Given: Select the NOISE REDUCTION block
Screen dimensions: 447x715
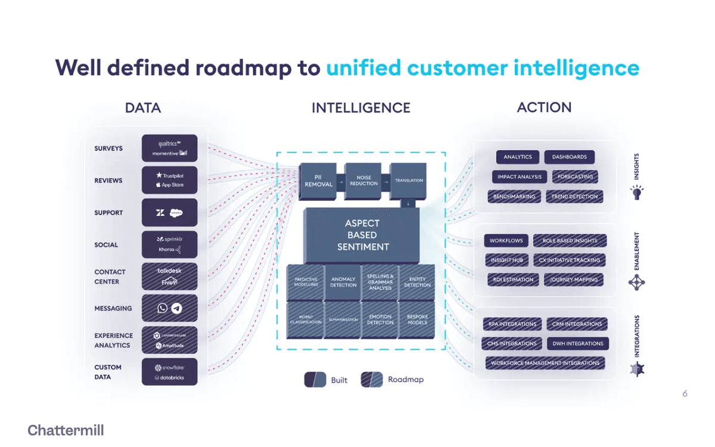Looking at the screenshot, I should pyautogui.click(x=363, y=180).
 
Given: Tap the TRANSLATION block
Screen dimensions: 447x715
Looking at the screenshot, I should pyautogui.click(x=409, y=180).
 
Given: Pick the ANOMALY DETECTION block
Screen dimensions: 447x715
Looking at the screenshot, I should pyautogui.click(x=343, y=282).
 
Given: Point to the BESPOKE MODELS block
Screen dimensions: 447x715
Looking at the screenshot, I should pyautogui.click(x=417, y=319).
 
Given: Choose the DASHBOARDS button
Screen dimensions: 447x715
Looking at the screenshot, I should pyautogui.click(x=569, y=157).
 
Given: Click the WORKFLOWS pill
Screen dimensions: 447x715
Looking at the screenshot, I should pyautogui.click(x=506, y=241).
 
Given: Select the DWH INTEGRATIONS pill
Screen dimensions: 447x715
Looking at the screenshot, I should pyautogui.click(x=577, y=343).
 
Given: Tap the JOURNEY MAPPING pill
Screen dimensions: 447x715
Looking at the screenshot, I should pyautogui.click(x=573, y=280).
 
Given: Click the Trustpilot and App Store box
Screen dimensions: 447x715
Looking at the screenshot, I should pyautogui.click(x=170, y=180).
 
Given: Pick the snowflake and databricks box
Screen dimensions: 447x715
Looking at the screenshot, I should pyautogui.click(x=170, y=372).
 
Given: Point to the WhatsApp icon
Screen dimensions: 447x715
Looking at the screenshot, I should pyautogui.click(x=163, y=308).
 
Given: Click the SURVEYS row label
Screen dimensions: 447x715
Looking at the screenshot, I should pyautogui.click(x=108, y=148).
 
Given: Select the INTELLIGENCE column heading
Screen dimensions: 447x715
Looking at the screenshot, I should pyautogui.click(x=360, y=108).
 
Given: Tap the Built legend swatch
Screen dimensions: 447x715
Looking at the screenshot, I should pyautogui.click(x=315, y=380).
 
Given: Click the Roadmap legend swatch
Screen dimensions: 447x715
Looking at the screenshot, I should pyautogui.click(x=371, y=380).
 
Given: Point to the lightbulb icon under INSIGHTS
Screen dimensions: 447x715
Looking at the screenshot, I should pyautogui.click(x=637, y=193).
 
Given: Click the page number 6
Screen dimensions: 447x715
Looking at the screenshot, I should pyautogui.click(x=685, y=393).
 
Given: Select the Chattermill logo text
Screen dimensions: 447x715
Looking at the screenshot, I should pyautogui.click(x=66, y=430).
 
